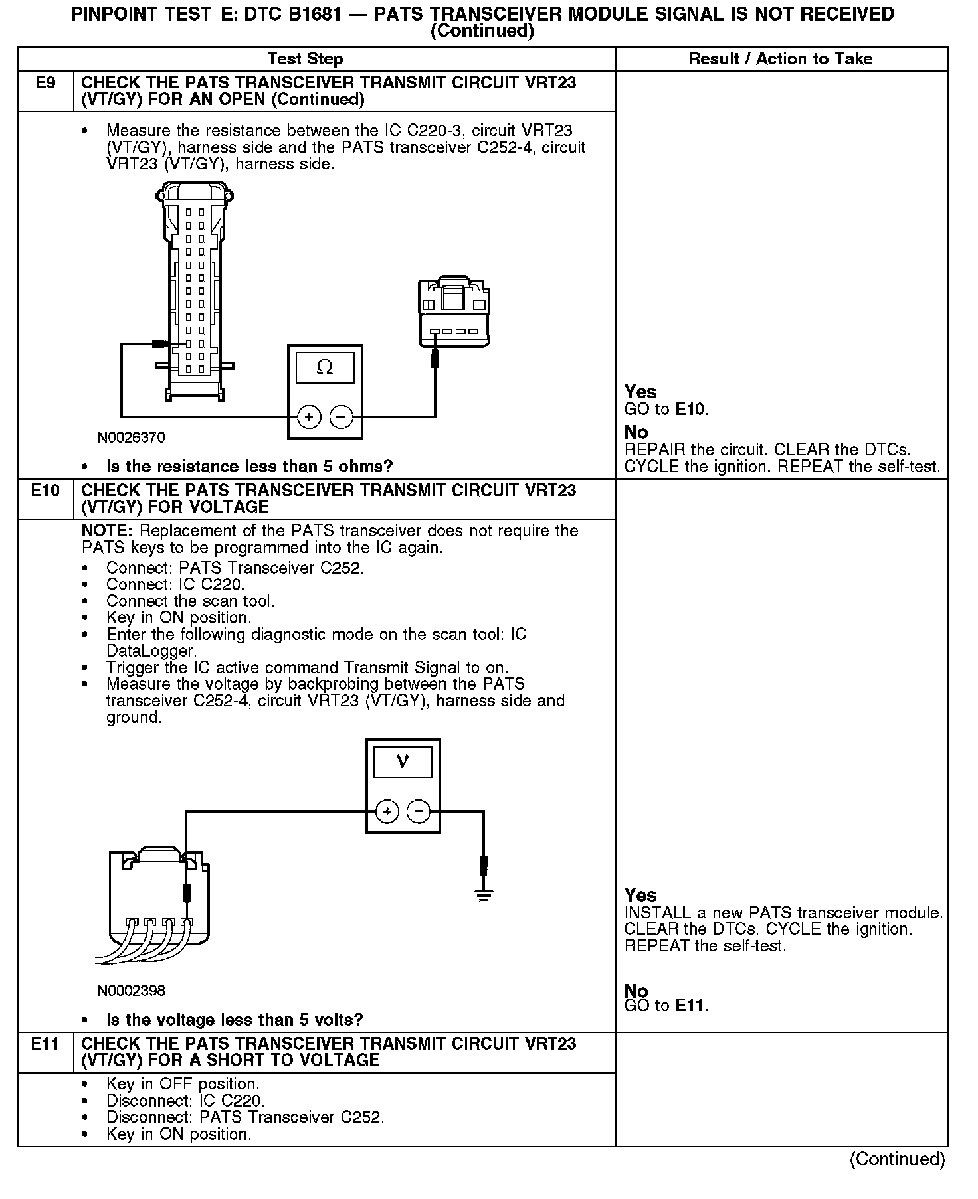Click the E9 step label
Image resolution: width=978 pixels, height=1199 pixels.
[46, 83]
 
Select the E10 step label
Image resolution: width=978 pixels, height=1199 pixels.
[46, 491]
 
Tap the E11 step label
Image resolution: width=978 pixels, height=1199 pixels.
[46, 1044]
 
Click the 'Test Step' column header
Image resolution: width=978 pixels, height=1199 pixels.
[305, 59]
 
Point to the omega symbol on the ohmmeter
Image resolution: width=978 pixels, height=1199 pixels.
[325, 367]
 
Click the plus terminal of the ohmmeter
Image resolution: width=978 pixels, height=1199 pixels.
[309, 417]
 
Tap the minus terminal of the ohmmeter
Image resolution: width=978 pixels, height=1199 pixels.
[341, 417]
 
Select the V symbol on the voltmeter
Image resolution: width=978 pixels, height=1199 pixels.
[403, 762]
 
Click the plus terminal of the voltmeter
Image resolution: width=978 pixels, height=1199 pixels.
[387, 811]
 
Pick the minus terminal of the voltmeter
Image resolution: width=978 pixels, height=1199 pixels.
[419, 811]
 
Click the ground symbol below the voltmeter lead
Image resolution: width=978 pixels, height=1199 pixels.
[484, 894]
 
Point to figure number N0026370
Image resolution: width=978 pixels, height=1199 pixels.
[132, 438]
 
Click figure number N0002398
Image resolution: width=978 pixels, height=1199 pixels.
[132, 991]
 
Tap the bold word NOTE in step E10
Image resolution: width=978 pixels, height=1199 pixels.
[108, 531]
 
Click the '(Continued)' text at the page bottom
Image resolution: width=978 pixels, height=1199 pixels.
[897, 1159]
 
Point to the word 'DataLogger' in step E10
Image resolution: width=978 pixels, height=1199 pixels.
[151, 651]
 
